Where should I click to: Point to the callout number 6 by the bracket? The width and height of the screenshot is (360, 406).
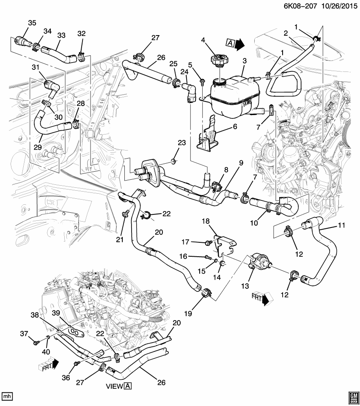(x=234, y=126)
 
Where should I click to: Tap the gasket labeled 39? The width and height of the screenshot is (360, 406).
(x=75, y=332)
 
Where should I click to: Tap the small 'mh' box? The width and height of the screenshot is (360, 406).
(x=6, y=396)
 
